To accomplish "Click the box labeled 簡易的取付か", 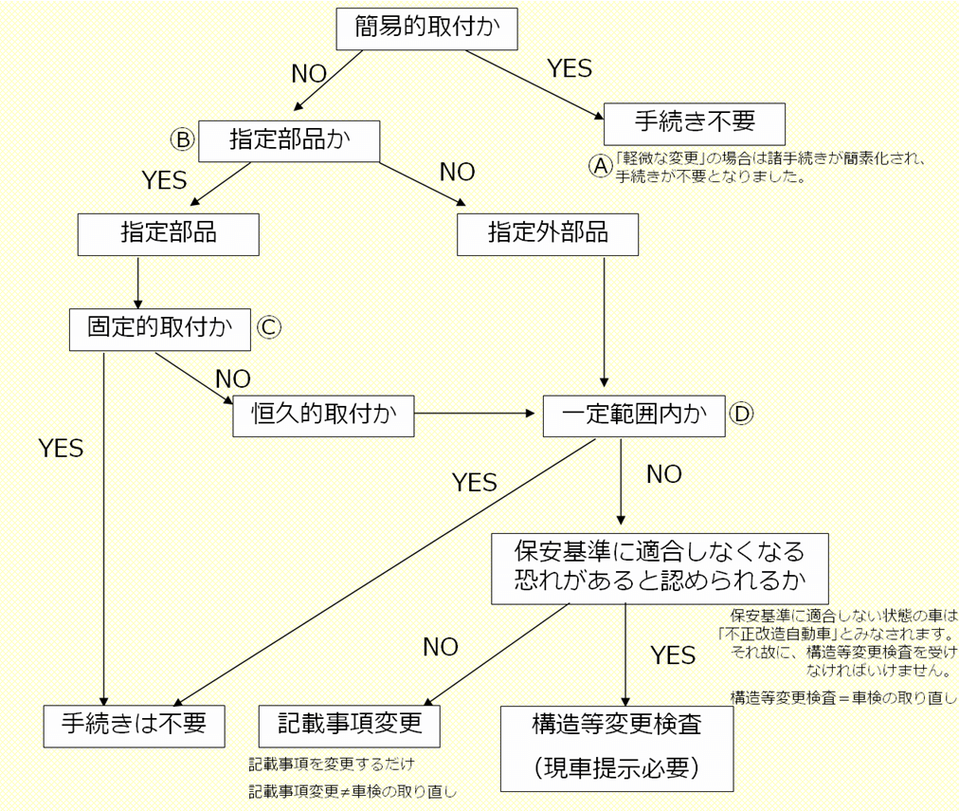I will (x=426, y=28).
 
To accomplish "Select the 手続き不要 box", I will (x=696, y=123).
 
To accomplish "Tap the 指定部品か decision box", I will (x=290, y=140).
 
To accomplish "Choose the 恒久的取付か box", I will (x=322, y=415).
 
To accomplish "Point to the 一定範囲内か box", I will (x=632, y=415).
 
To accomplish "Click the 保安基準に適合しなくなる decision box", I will (x=660, y=566).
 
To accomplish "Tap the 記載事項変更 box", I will (x=349, y=726).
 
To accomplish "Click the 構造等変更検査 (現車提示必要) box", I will (x=617, y=747).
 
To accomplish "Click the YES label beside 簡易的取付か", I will (x=570, y=68).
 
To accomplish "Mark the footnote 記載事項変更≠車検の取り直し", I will (x=360, y=789).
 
